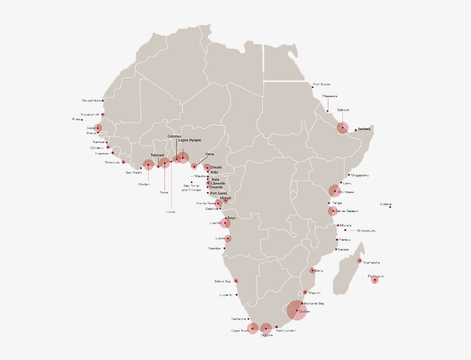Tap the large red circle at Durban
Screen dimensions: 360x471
(296, 311)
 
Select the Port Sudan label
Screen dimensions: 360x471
(322, 84)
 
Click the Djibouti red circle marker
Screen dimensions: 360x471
(342, 127)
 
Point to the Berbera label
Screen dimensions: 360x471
(365, 129)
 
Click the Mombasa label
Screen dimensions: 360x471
(346, 192)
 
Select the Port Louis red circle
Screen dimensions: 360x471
(375, 280)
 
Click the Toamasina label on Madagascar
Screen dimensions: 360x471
(372, 262)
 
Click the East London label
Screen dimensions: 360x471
(286, 331)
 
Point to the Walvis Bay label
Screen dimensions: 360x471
(222, 281)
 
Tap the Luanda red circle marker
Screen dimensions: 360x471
(225, 223)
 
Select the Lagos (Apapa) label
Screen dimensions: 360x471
(190, 140)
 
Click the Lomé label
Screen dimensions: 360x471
(170, 212)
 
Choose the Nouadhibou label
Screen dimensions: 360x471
(91, 100)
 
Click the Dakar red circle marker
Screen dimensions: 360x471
(98, 129)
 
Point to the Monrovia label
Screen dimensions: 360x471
(113, 162)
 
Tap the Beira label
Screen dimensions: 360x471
(319, 270)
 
